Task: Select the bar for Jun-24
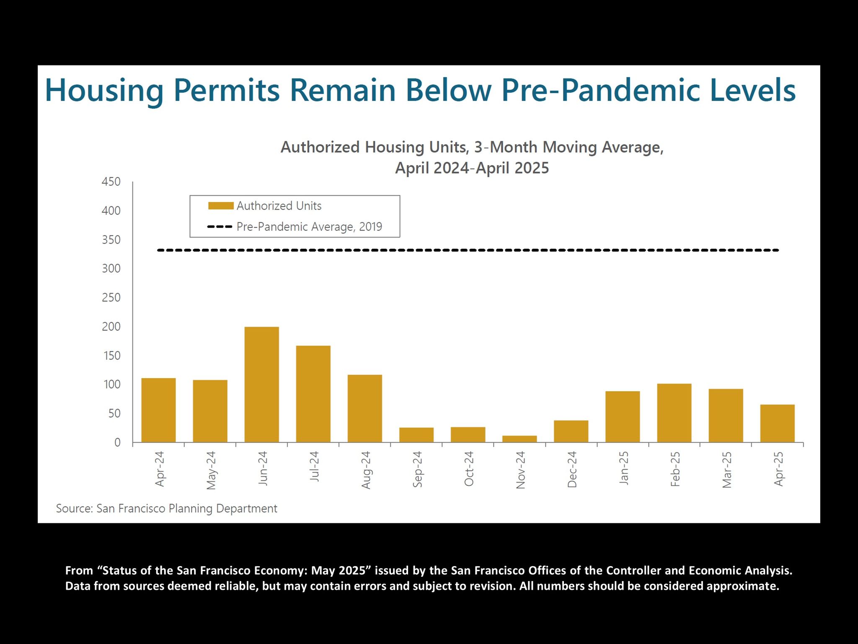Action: pos(261,384)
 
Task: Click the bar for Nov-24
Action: pos(519,439)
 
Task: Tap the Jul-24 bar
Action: pos(313,394)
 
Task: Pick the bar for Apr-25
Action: pos(777,423)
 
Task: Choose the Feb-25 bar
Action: pos(674,413)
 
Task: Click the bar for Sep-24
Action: pos(416,435)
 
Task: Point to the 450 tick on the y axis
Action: pos(111,182)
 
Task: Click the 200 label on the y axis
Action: pos(111,327)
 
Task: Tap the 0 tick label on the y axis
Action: pos(117,442)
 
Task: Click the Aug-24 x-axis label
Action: pos(366,470)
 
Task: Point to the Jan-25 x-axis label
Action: pos(624,468)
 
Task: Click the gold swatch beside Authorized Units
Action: pos(221,206)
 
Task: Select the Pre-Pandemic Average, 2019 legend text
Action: pos(309,227)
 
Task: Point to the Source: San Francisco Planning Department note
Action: pos(167,509)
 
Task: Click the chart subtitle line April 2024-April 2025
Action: pos(472,168)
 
